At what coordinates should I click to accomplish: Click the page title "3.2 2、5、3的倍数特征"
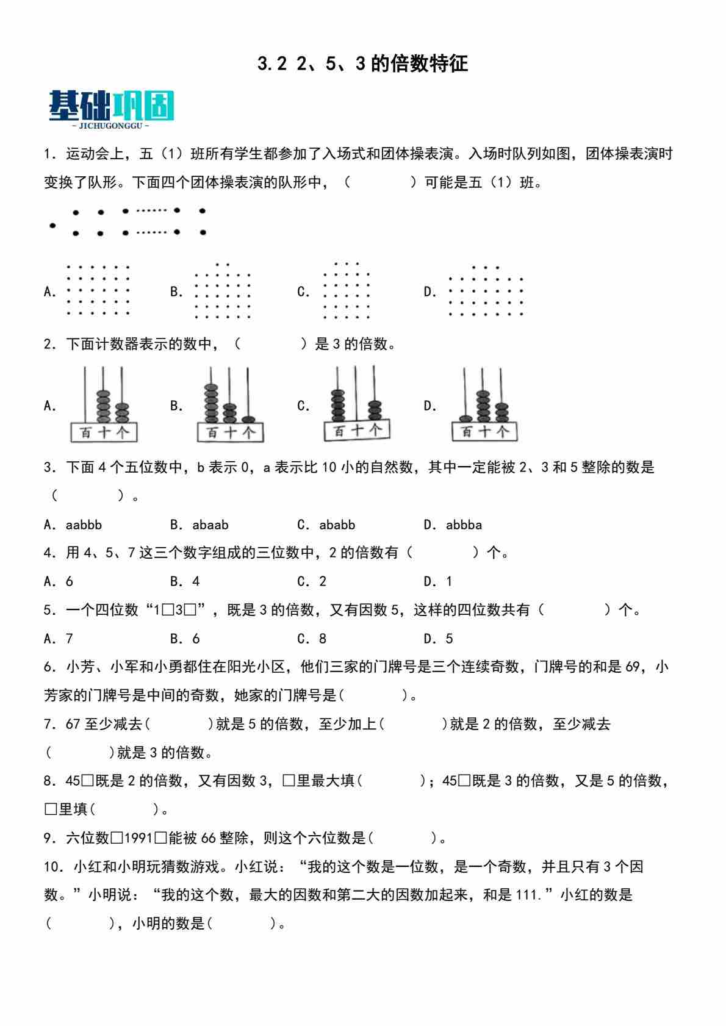coord(362,63)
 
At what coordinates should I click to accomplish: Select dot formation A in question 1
coord(98,290)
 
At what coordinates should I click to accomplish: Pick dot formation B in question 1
coord(222,292)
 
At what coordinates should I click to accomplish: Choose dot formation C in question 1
coord(347,291)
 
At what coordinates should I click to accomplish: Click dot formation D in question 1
coord(486,291)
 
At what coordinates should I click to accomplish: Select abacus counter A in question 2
coord(104,405)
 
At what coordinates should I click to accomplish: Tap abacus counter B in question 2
coord(230,405)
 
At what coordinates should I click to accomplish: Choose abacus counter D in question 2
coord(484,405)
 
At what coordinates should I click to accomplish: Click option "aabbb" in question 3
coord(84,525)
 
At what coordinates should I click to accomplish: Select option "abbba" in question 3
coord(464,525)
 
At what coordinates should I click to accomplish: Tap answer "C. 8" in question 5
coord(312,639)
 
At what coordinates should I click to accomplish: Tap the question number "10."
coord(52,867)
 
